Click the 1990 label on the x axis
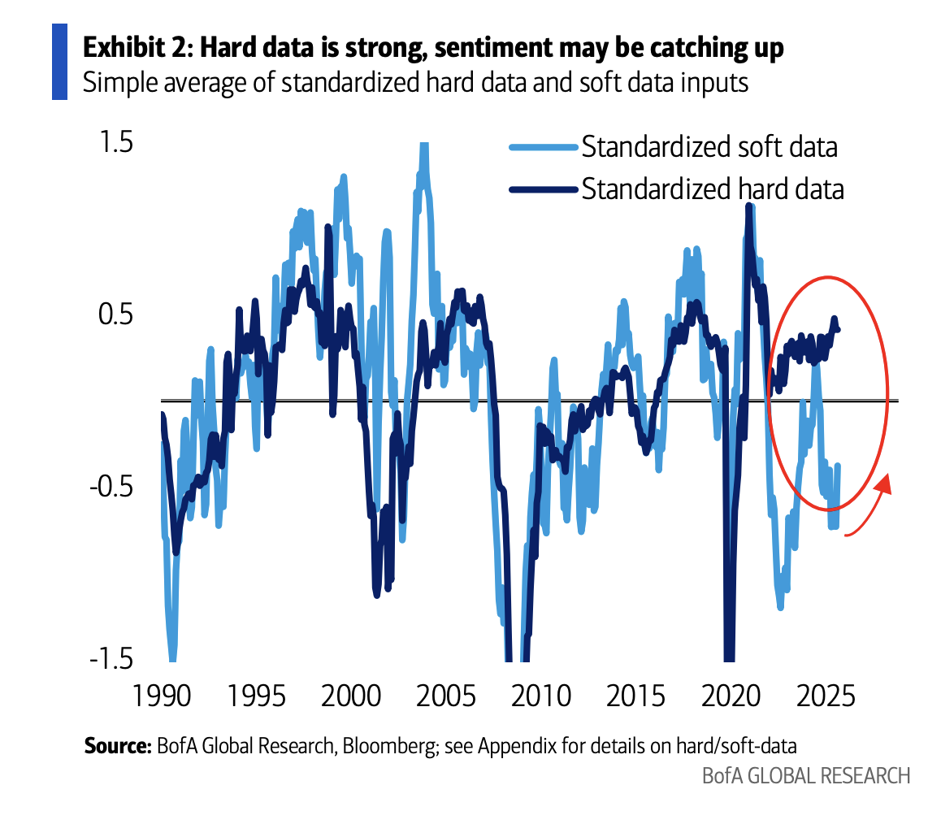pos(163,697)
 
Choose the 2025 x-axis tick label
pos(825,697)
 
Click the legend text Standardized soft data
pos(709,147)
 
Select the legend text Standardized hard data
pos(713,189)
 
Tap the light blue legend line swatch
pos(543,147)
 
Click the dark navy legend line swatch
pos(543,189)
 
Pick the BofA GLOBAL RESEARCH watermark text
pos(806,775)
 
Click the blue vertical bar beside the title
pos(59,62)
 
